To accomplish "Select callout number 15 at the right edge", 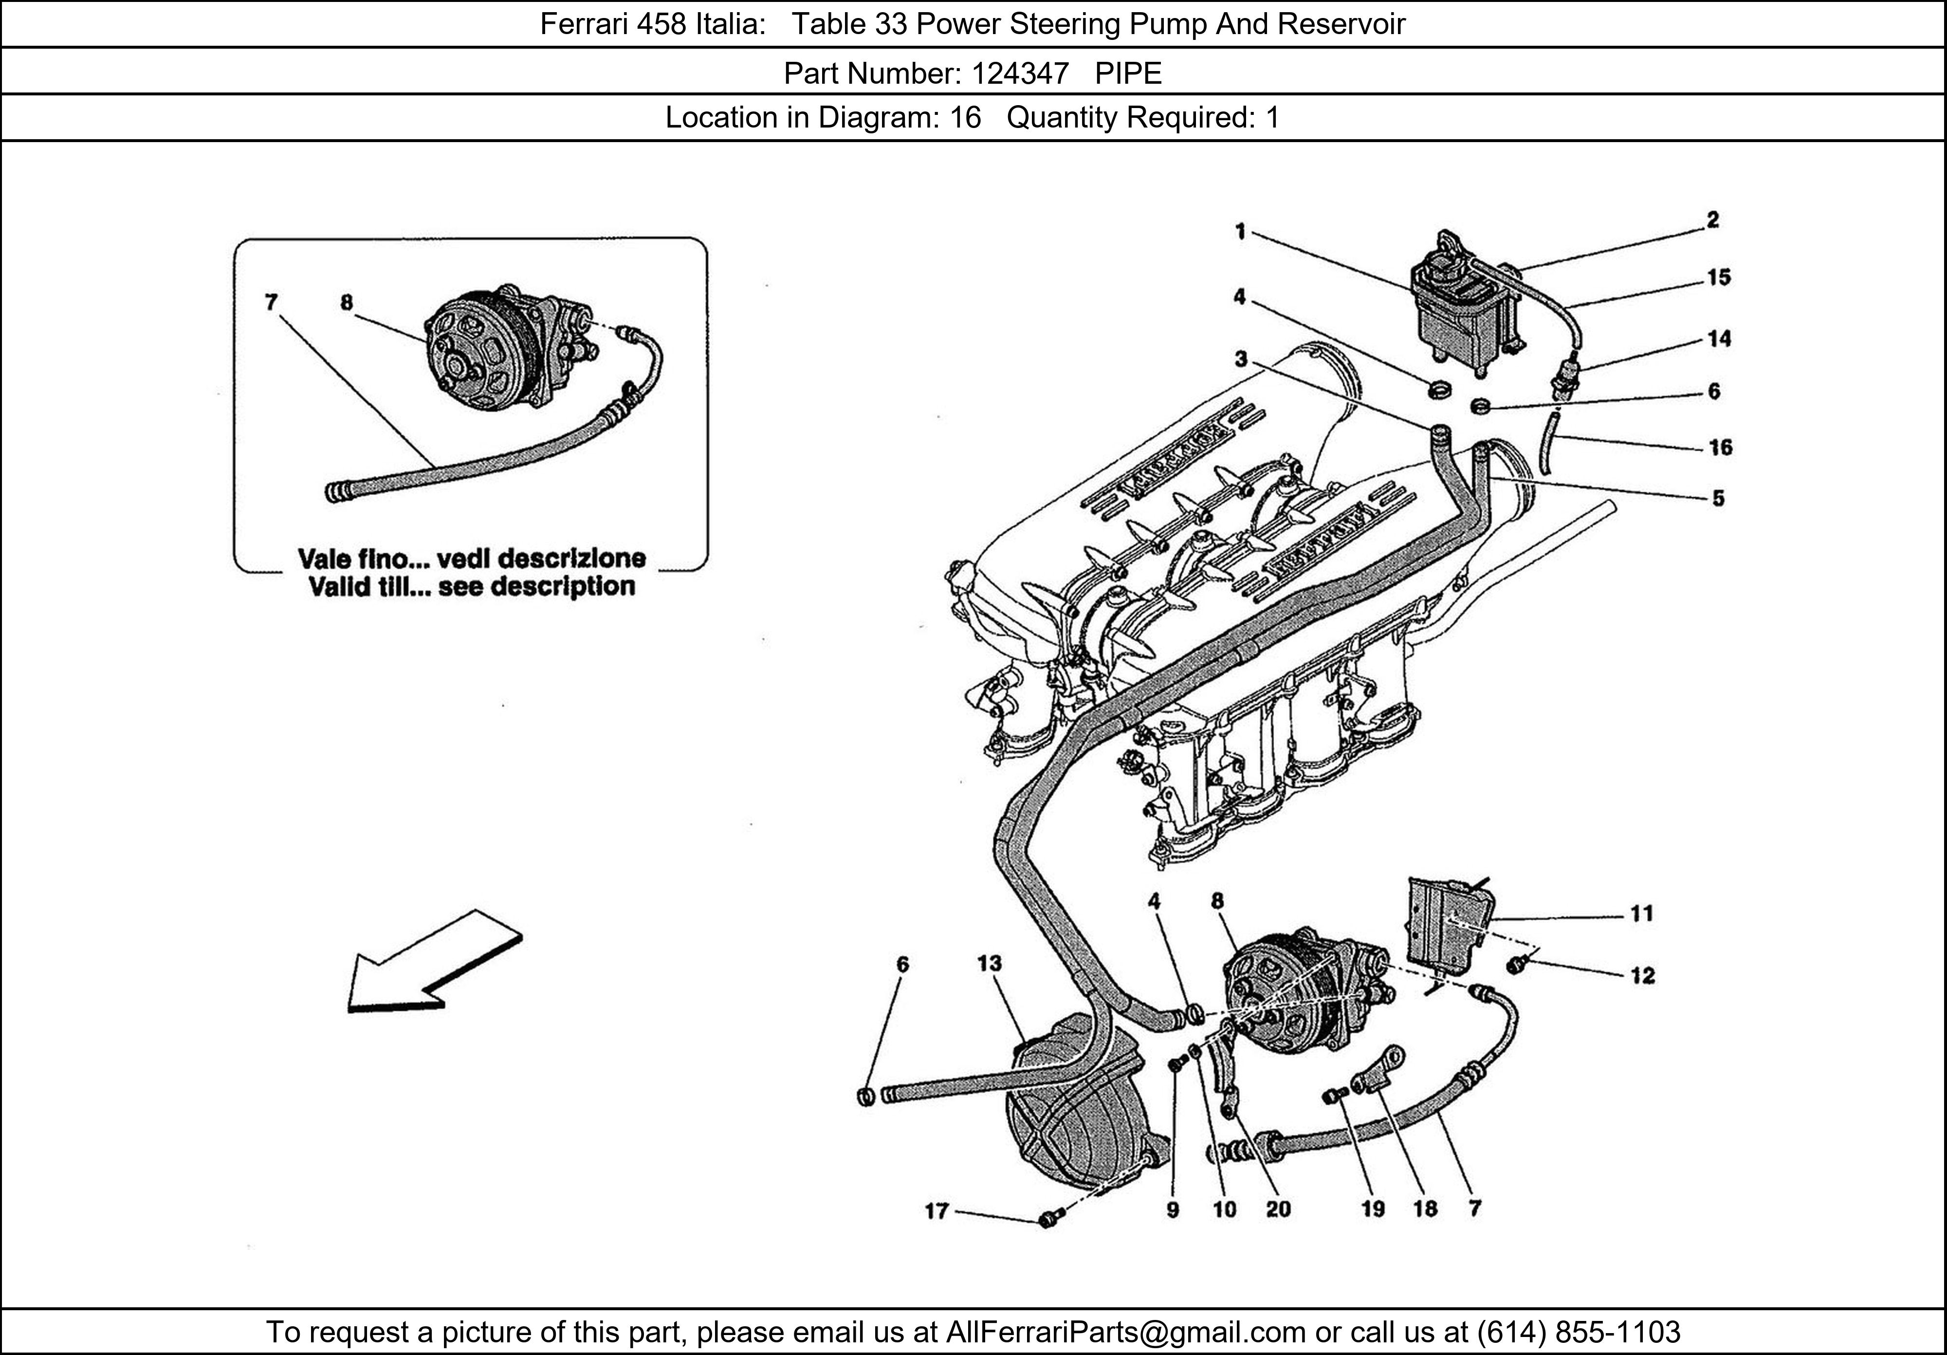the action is [x=1719, y=277].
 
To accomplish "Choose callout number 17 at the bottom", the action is [x=936, y=1211].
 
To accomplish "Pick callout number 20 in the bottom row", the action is [x=1278, y=1209].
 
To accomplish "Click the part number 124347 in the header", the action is [x=1020, y=74].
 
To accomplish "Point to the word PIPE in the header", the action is [x=1128, y=74].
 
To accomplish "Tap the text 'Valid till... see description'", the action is [x=472, y=586].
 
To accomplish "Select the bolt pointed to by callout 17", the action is [x=1048, y=1219].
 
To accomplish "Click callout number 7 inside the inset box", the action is [x=271, y=302].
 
